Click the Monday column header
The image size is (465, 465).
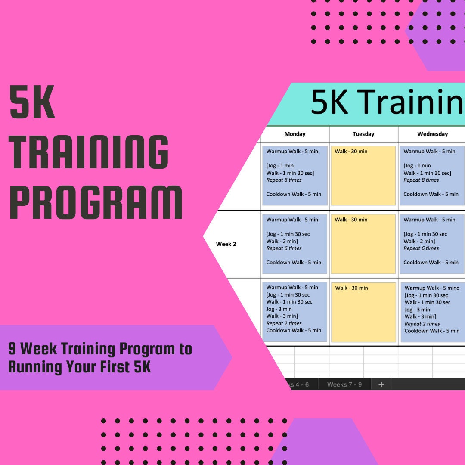(294, 134)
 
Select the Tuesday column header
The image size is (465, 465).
(363, 134)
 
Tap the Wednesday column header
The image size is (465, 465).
(432, 134)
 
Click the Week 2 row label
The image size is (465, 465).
(226, 244)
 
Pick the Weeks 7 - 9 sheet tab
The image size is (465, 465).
(344, 384)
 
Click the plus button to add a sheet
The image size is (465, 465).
(381, 384)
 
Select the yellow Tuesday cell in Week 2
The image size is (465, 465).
(363, 244)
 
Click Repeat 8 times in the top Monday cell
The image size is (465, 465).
(284, 180)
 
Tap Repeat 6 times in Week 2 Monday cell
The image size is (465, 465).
(284, 248)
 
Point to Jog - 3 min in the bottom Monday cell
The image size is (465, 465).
(279, 309)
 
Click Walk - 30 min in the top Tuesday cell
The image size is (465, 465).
(351, 152)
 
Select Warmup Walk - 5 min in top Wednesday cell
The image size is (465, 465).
(429, 152)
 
